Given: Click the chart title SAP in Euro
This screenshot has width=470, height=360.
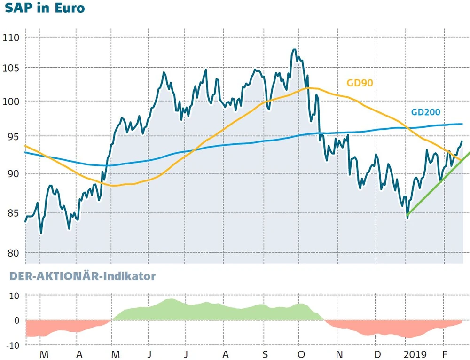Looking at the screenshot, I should pyautogui.click(x=45, y=8).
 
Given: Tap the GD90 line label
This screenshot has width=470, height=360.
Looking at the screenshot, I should pyautogui.click(x=360, y=83).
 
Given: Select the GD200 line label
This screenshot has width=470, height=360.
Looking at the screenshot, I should pyautogui.click(x=426, y=112).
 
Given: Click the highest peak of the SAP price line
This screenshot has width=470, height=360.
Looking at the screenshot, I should pyautogui.click(x=294, y=49).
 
